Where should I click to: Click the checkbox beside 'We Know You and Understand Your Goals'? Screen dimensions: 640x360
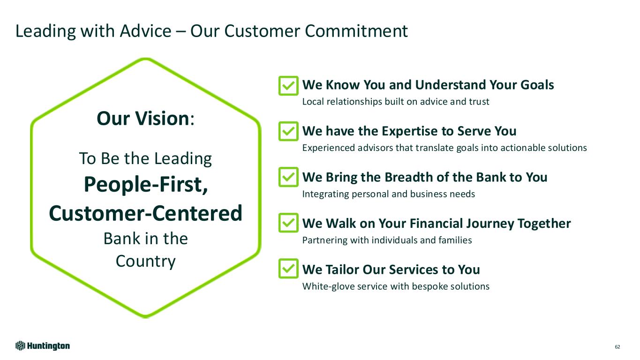coord(288,86)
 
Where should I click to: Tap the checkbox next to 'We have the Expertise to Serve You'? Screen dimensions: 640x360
coord(288,131)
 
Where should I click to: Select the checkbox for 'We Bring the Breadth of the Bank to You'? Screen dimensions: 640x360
coord(288,177)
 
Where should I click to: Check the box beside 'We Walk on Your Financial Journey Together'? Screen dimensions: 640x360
coord(288,223)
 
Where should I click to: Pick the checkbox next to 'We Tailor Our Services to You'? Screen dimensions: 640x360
coord(288,269)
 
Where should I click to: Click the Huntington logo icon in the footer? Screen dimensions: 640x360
coord(20,346)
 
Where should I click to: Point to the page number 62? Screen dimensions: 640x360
coord(617,347)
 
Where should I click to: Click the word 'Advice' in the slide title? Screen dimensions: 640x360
coord(145,31)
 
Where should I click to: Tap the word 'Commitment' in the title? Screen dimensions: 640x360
coord(356,31)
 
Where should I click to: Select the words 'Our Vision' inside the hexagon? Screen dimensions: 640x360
coord(143,118)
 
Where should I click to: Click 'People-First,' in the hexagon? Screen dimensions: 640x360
coord(146,185)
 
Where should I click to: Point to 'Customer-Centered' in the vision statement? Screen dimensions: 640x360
coord(146,213)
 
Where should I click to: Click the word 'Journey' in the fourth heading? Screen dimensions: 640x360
coord(490,224)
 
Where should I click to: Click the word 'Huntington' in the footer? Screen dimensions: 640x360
coord(49,346)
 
